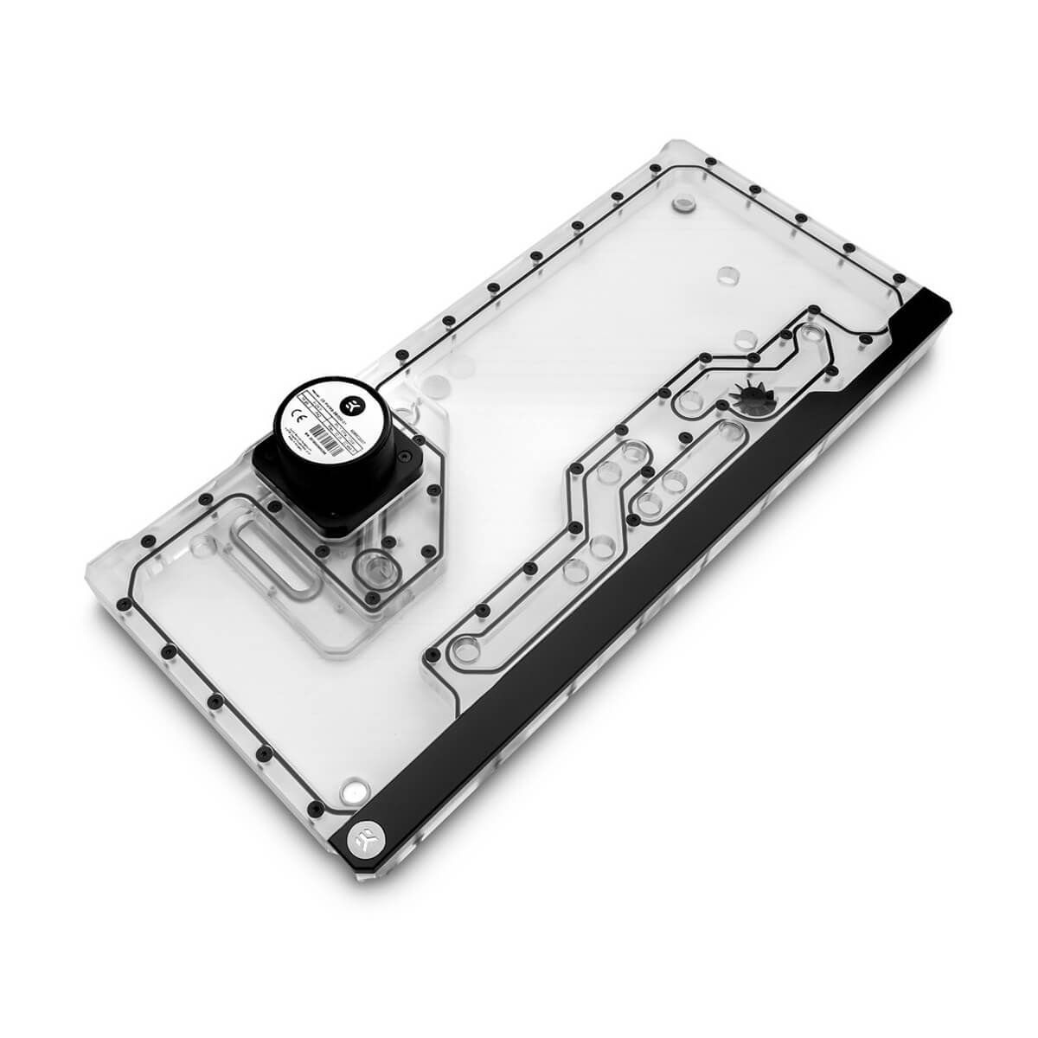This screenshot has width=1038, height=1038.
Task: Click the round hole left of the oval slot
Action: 205,546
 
